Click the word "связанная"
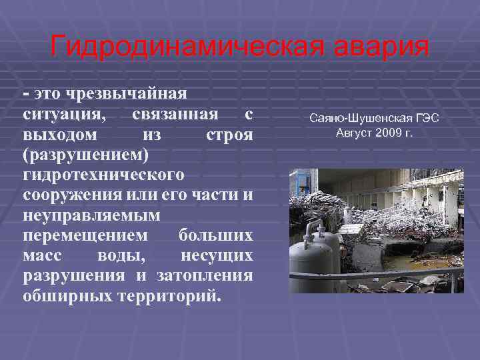pyautogui.click(x=174, y=114)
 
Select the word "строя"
pyautogui.click(x=229, y=135)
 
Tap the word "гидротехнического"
pyautogui.click(x=103, y=175)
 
